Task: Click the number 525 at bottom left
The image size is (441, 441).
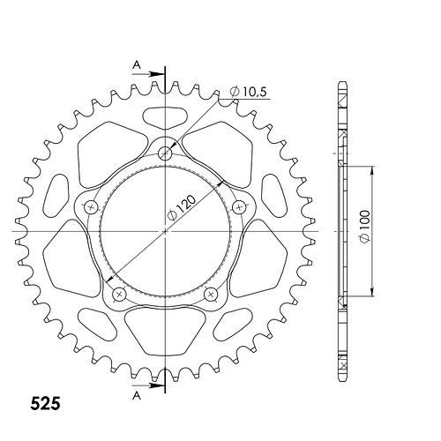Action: coord(46,403)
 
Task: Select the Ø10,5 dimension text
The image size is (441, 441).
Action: coord(249,92)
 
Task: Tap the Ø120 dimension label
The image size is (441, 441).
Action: coord(181,208)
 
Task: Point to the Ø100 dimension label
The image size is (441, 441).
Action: coord(364,227)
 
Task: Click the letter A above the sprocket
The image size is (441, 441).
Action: coord(137,64)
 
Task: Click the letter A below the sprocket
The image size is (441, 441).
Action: coord(137,396)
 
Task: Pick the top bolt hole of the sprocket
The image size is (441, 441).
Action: coord(165,153)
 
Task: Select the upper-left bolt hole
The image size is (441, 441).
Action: coord(91,208)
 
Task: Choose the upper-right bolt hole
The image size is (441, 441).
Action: coord(239,208)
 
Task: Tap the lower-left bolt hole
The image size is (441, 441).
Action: coord(120,294)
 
